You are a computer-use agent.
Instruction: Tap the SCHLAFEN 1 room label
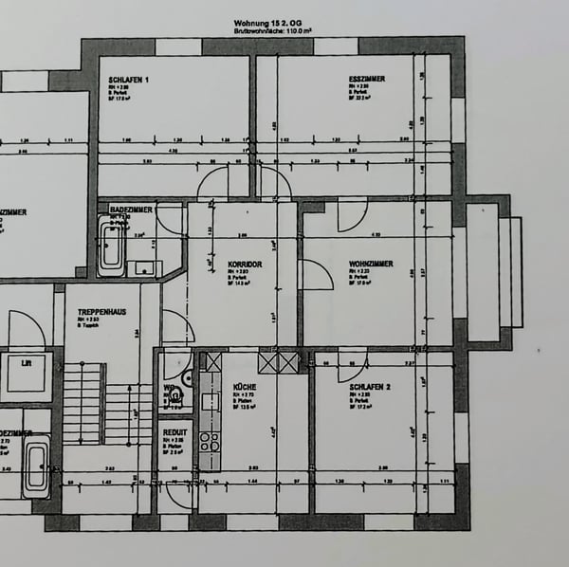coord(129,80)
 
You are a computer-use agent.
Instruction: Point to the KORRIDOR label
coord(245,264)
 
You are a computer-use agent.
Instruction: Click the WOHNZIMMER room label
coord(371,264)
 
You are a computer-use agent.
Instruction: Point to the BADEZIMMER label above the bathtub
coord(131,209)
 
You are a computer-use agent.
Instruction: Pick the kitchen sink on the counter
coord(209,387)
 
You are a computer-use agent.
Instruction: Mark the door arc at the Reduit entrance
coord(174,494)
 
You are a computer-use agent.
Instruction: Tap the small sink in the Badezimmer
coord(143,267)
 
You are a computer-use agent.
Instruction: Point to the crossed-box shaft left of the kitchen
coord(213,361)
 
